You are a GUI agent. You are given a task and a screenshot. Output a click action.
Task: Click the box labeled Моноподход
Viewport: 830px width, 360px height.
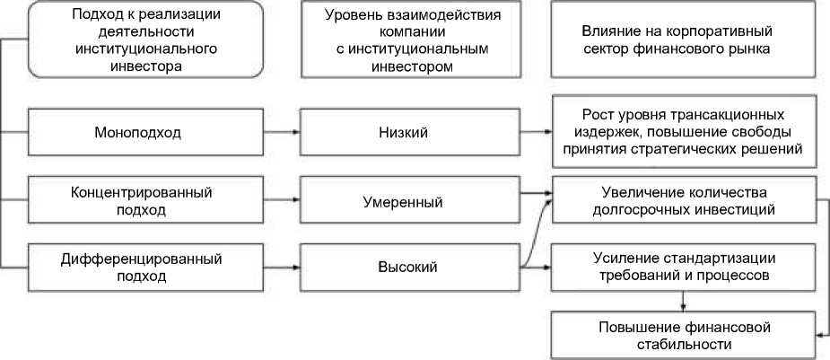pos(137,133)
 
